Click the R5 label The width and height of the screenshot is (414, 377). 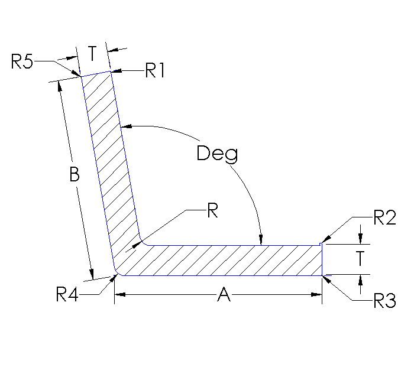click(x=22, y=61)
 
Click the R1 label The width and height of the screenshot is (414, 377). click(x=155, y=71)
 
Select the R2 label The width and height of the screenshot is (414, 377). click(x=384, y=218)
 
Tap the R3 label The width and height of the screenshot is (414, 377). click(x=384, y=301)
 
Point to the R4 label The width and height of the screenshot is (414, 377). click(x=67, y=294)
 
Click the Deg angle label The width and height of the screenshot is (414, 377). click(x=218, y=154)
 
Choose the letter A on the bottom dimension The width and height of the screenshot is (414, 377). click(x=224, y=295)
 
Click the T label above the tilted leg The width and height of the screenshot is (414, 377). click(x=93, y=54)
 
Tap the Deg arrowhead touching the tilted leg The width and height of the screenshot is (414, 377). click(x=125, y=126)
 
